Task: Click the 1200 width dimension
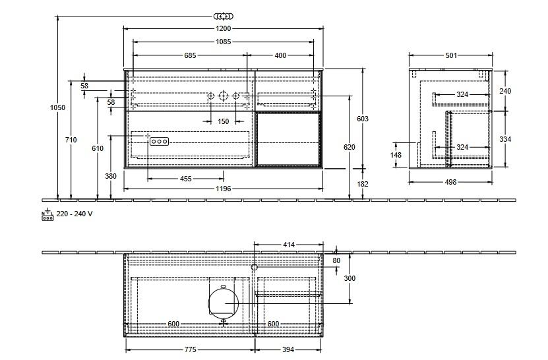tap(224, 28)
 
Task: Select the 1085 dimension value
tap(224, 42)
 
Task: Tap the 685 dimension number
tap(190, 55)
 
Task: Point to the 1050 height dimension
tap(57, 107)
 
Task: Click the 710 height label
tap(71, 140)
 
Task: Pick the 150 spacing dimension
tap(224, 121)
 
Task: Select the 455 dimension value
tap(185, 179)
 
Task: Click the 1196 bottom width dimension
tap(224, 189)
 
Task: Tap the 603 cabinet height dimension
tap(363, 119)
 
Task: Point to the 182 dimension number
tap(363, 184)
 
